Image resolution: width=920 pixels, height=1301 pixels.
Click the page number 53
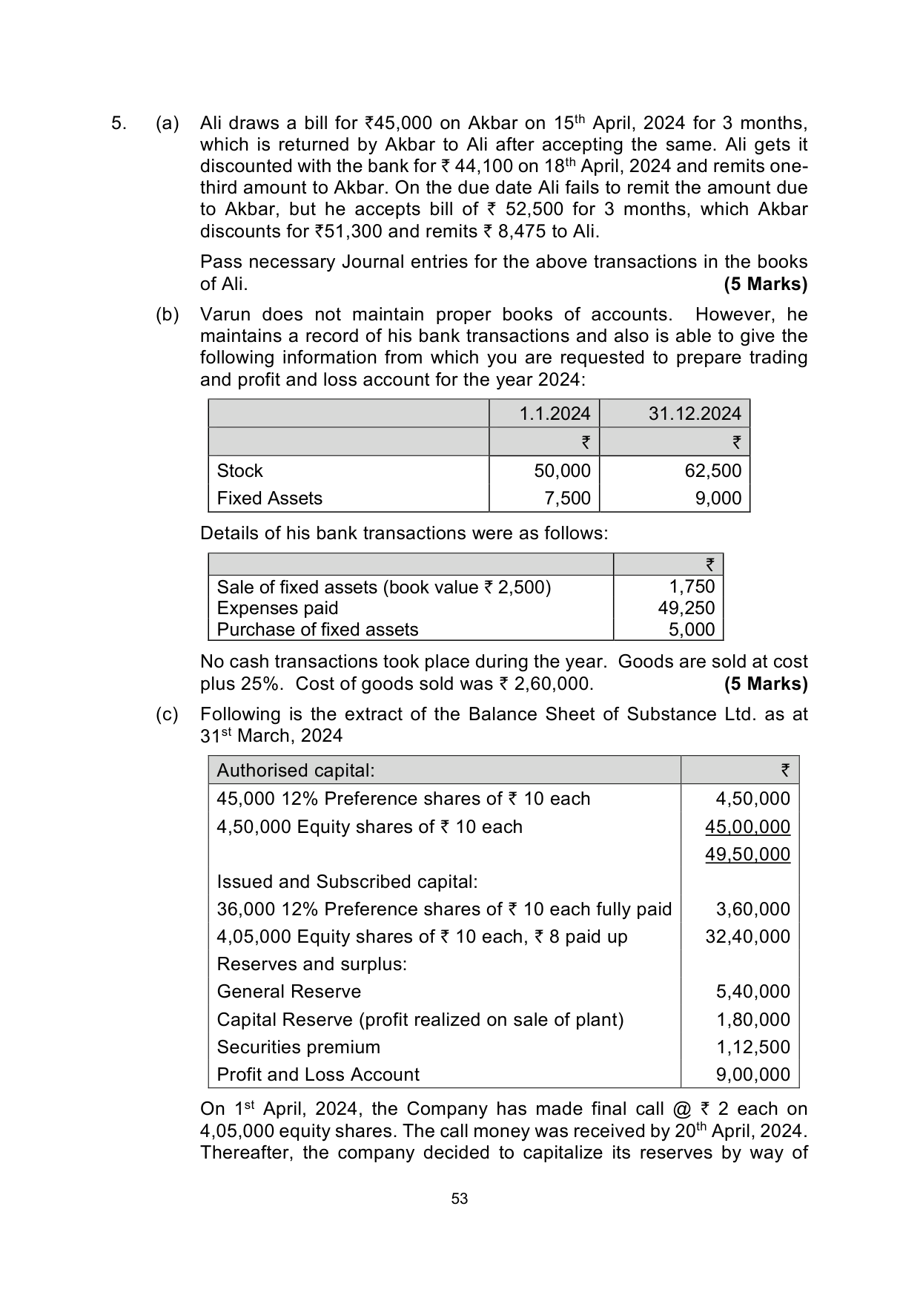coord(460,1199)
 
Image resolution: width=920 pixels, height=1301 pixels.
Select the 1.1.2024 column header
coord(555,414)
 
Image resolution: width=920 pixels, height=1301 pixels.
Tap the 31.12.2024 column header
coord(695,414)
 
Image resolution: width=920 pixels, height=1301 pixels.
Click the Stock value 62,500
coord(713,471)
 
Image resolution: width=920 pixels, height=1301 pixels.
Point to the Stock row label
coord(239,471)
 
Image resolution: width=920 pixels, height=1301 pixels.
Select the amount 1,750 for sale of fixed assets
coord(692,587)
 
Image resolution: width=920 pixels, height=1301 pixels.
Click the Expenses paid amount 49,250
coord(686,608)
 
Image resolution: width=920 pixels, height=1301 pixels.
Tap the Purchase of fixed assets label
coord(317,630)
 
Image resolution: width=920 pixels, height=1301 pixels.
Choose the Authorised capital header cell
coord(296,771)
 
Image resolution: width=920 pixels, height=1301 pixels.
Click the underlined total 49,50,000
coord(747,854)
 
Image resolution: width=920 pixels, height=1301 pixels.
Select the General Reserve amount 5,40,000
coord(753,992)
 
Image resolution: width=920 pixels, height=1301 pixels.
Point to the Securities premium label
coord(298,1047)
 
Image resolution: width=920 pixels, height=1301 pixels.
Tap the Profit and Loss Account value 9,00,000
coord(753,1075)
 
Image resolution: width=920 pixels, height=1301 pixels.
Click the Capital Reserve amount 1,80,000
coord(753,1020)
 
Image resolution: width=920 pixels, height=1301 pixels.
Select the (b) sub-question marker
coord(168,314)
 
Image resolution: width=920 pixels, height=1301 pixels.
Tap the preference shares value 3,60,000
coord(753,909)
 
